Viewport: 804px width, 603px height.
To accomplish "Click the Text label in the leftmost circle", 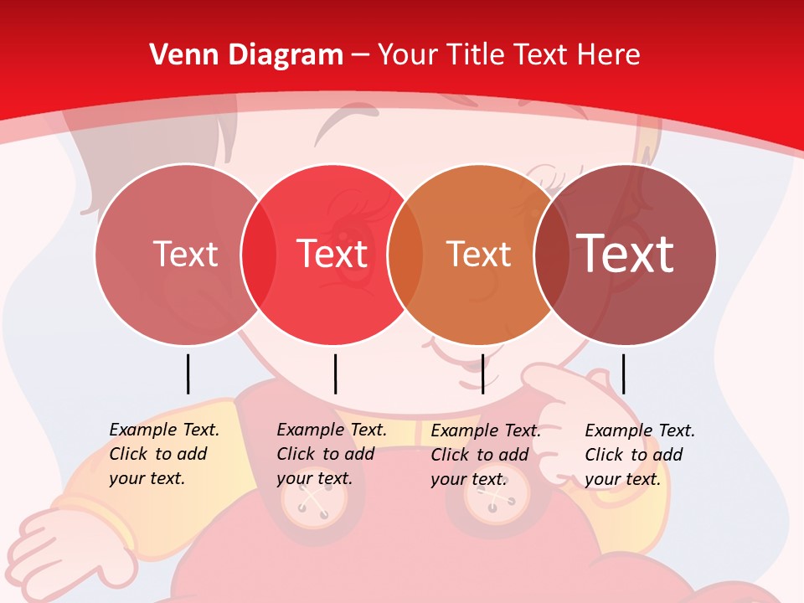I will click(185, 254).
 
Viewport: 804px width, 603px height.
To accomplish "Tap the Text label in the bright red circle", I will click(332, 254).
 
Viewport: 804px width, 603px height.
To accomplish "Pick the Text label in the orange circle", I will click(478, 254).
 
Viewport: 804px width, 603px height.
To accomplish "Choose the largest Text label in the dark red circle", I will click(626, 253).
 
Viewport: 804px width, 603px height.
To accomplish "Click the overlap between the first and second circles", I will click(259, 255).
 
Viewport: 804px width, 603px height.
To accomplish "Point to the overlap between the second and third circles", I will click(405, 255).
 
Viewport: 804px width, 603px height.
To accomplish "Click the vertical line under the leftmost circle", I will click(188, 374).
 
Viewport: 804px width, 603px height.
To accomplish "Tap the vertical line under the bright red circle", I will click(335, 374).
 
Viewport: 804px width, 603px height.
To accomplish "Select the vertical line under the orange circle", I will click(482, 374).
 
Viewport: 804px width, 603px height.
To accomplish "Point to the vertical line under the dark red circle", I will click(623, 374).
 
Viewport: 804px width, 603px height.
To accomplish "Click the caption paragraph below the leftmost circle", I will click(163, 454).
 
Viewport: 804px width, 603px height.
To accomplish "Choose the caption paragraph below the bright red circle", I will click(331, 454).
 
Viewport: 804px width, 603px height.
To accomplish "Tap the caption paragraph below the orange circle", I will click(485, 455).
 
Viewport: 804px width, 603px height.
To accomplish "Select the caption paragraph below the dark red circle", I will click(639, 455).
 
